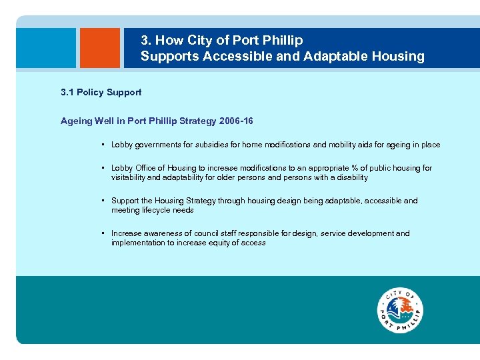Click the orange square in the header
coord(100,48)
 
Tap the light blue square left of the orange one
coord(46,48)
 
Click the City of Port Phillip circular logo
coord(400,311)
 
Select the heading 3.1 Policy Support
coord(101,92)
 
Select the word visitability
coord(130,177)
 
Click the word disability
coord(351,177)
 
